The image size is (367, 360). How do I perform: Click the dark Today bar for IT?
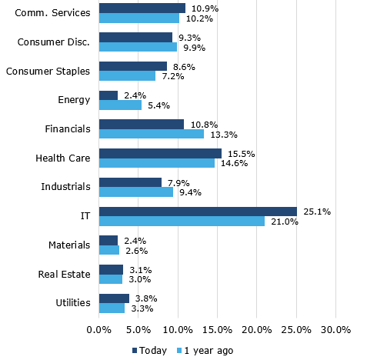(x=198, y=212)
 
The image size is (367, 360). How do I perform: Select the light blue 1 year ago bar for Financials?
(x=152, y=134)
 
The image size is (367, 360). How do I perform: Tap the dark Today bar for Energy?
(x=108, y=95)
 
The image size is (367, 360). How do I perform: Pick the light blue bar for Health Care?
(x=157, y=163)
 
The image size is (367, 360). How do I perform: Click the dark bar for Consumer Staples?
(x=133, y=66)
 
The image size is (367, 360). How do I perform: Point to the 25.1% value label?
(x=317, y=212)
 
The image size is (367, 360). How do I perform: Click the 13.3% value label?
(x=224, y=135)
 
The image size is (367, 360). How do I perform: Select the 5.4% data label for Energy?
(x=158, y=105)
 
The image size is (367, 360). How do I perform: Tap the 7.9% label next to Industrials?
(x=178, y=183)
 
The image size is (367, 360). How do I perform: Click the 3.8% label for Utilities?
(x=146, y=298)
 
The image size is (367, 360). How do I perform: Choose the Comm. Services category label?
(x=52, y=13)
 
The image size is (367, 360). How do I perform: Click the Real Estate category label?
(x=64, y=275)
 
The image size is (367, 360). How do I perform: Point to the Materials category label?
(x=69, y=245)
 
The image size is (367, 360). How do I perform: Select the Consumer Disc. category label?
(x=54, y=42)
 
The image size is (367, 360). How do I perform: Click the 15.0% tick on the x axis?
(x=217, y=330)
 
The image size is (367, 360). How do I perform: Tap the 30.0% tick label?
(x=335, y=330)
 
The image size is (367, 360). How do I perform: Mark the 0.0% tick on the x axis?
(x=99, y=330)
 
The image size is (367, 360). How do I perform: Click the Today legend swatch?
(x=135, y=351)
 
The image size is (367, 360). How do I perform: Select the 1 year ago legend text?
(x=209, y=351)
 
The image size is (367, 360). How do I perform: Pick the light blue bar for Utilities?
(x=112, y=308)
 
